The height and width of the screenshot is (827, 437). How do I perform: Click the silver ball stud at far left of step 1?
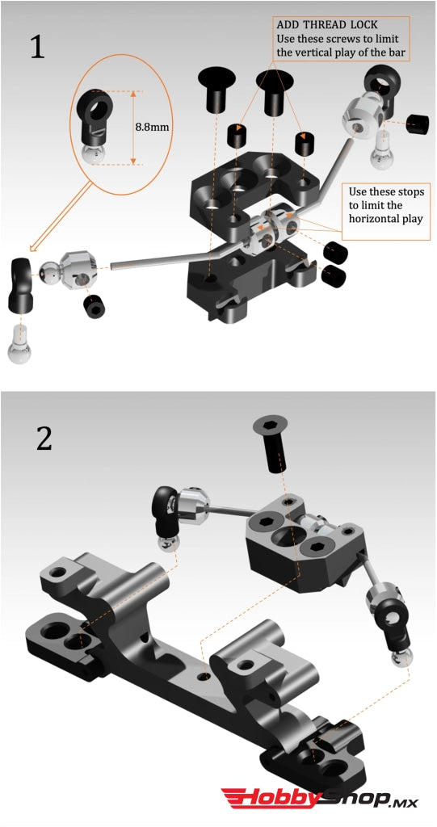(x=21, y=346)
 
